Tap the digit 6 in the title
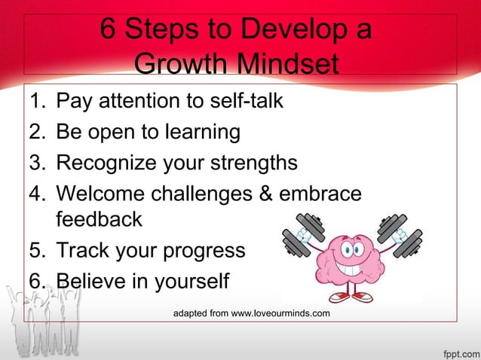(109, 31)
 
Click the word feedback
(99, 220)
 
